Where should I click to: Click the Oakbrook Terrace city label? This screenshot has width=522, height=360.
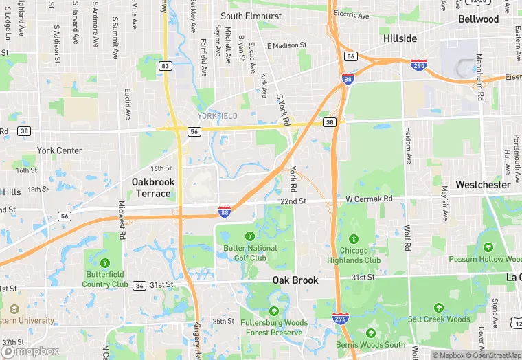click(153, 188)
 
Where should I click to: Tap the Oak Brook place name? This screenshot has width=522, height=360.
click(295, 280)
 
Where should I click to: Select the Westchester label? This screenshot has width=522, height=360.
click(483, 185)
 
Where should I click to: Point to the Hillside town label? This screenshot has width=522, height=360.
click(400, 38)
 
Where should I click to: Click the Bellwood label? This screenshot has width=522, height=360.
click(479, 19)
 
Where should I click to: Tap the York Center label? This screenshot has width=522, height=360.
click(60, 150)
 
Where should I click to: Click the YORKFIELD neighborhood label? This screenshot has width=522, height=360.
click(218, 116)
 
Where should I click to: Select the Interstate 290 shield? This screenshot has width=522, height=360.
click(417, 65)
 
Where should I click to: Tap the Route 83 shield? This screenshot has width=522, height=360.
click(165, 65)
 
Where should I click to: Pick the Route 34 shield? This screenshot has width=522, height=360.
click(139, 285)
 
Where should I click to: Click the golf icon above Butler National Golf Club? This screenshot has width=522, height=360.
click(249, 236)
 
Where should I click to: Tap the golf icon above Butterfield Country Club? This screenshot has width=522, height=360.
click(105, 262)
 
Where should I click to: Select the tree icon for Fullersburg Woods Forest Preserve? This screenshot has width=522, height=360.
click(273, 311)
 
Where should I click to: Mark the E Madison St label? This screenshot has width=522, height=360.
click(286, 46)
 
